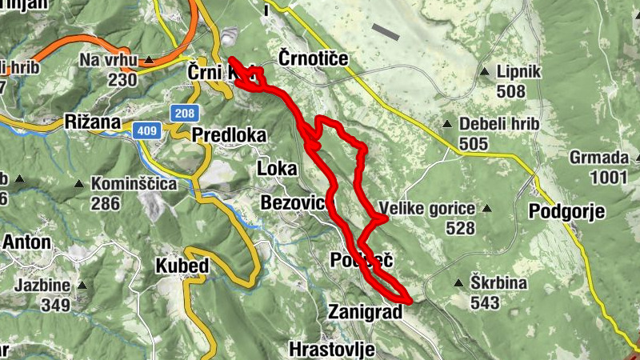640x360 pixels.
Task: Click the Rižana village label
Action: coord(92,122)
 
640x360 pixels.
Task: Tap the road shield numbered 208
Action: coord(183,113)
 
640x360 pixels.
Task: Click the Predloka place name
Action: coord(229,135)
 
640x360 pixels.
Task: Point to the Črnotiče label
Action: coord(315,58)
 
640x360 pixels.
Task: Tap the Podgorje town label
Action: coord(567,211)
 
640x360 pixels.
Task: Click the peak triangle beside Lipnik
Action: coord(484,72)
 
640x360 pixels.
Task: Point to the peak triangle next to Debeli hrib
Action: coord(449,124)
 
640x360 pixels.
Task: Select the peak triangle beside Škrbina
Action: coord(458,283)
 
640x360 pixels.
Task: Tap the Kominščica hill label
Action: coord(134,184)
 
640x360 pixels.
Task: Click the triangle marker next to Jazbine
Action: coord(82,284)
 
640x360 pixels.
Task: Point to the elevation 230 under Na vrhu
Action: coord(122,79)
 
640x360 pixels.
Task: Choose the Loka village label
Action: coord(277,168)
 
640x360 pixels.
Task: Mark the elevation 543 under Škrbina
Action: coord(485,303)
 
